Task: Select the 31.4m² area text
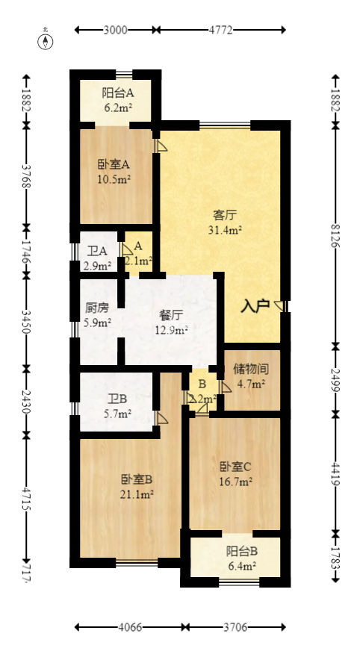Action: [x=225, y=230]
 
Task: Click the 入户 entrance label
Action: [x=255, y=306]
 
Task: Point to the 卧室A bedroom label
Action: [x=114, y=165]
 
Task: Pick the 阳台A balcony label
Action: [x=118, y=93]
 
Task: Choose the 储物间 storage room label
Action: [x=251, y=370]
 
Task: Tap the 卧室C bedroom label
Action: [x=235, y=467]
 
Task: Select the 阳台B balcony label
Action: [x=242, y=552]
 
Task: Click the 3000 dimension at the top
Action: [x=116, y=30]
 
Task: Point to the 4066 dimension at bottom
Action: [x=131, y=627]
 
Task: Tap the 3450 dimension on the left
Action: [x=27, y=320]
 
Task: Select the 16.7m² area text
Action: [x=235, y=481]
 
